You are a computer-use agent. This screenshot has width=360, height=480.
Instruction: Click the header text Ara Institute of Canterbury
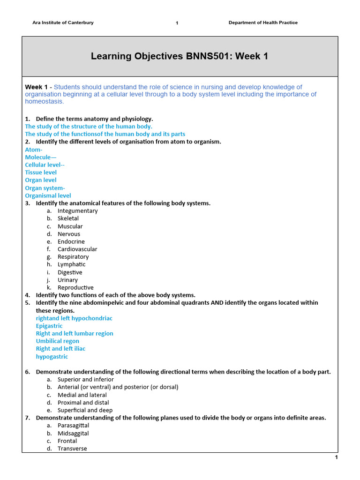tap(63, 22)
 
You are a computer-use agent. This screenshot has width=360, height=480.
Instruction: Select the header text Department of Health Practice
tap(263, 22)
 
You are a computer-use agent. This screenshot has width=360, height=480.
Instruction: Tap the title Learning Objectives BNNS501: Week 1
tap(180, 57)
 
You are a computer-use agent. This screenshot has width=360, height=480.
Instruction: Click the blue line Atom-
tap(34, 150)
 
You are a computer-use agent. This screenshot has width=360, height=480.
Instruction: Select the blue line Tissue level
tap(41, 172)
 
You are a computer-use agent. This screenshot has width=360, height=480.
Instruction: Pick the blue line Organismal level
tap(48, 195)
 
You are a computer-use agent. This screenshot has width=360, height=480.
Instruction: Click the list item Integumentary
tap(78, 211)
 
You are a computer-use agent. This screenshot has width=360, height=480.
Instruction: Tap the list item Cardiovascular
tap(77, 249)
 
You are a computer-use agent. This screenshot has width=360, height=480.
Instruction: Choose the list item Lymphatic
tap(72, 264)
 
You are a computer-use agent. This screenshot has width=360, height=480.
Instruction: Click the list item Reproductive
tap(75, 287)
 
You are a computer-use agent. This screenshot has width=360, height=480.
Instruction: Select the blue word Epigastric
tap(49, 326)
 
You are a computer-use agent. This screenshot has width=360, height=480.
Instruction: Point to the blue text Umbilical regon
tap(58, 341)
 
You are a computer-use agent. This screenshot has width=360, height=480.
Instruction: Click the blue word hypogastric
tap(52, 357)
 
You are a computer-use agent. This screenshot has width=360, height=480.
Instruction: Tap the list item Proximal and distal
tap(83, 403)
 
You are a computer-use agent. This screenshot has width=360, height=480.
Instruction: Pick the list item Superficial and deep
tap(84, 410)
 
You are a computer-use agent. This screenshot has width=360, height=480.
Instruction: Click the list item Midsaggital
tap(73, 433)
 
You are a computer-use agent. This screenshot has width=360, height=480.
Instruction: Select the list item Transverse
tap(72, 449)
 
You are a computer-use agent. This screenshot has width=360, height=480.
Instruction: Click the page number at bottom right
tap(336, 457)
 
